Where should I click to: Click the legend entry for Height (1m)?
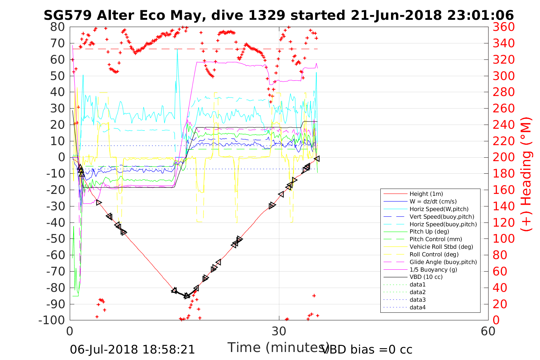click(x=426, y=194)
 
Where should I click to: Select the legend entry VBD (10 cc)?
click(x=426, y=277)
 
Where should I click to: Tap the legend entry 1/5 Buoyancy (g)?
click(x=433, y=269)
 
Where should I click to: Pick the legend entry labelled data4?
click(x=417, y=307)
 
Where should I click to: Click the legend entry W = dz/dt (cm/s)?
click(x=433, y=202)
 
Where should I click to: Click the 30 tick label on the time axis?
click(x=279, y=331)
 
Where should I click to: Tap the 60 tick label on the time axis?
click(x=488, y=331)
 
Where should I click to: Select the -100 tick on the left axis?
click(x=52, y=320)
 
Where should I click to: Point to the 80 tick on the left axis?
click(x=58, y=27)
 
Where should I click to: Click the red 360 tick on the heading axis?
click(x=504, y=27)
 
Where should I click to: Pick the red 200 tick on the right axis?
click(x=504, y=157)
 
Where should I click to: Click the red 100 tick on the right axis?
click(x=504, y=239)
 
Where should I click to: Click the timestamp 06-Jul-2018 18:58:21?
click(x=132, y=349)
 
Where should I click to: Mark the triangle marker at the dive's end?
click(x=317, y=158)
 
